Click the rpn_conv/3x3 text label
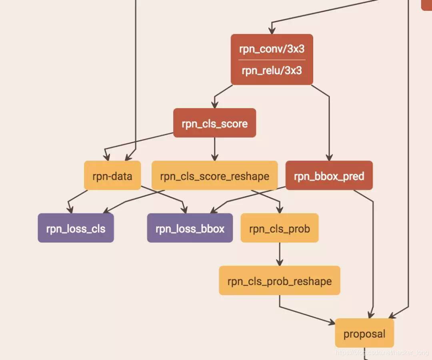click(x=272, y=49)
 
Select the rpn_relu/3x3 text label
click(x=272, y=70)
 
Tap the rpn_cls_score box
click(x=214, y=123)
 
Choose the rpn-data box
click(x=112, y=175)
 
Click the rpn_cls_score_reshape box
click(x=214, y=176)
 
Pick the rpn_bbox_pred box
click(x=329, y=176)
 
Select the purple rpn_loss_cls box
click(x=76, y=228)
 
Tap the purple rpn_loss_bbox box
click(x=190, y=228)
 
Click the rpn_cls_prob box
click(x=279, y=228)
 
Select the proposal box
click(x=364, y=333)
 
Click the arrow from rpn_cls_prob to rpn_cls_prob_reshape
click(x=279, y=254)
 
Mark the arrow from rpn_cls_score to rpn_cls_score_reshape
click(x=215, y=149)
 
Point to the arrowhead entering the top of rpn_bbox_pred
click(x=329, y=158)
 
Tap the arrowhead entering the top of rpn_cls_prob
click(x=280, y=210)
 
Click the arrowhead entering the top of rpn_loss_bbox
click(x=185, y=210)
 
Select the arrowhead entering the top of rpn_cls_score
click(x=215, y=105)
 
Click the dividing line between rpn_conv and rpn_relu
click(x=272, y=60)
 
